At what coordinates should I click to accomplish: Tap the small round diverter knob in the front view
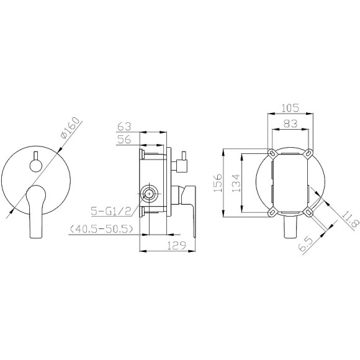[x=35, y=164]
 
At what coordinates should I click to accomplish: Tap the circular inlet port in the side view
[x=148, y=194]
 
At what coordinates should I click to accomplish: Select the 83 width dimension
[x=290, y=124]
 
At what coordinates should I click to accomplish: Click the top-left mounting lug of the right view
[x=272, y=152]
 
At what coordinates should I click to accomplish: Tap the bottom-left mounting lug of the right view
[x=272, y=212]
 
